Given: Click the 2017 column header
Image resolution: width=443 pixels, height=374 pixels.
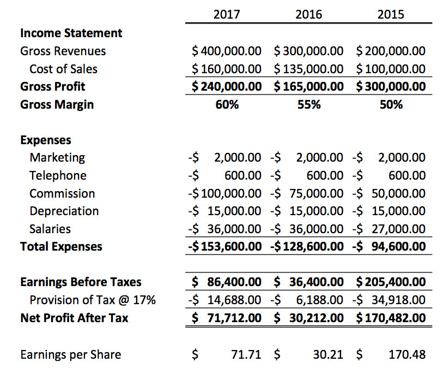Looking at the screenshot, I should (x=227, y=14).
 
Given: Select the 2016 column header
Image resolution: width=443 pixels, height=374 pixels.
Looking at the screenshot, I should (x=308, y=14).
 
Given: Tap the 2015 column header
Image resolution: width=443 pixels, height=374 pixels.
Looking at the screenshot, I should (x=391, y=14).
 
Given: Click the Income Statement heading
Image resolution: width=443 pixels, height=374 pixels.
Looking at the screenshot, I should (x=71, y=33).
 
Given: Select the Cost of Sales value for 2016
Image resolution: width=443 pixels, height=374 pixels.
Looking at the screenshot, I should (x=308, y=69).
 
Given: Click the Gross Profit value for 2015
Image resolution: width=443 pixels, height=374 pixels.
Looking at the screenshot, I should (x=391, y=86).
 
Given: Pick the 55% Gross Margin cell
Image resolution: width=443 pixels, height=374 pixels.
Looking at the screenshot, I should (x=309, y=104).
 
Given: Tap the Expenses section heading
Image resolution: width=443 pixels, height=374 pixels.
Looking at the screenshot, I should (x=46, y=140).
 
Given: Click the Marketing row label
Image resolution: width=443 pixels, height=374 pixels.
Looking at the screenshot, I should (x=57, y=158).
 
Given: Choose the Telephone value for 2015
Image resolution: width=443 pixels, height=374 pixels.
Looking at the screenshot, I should (x=391, y=176).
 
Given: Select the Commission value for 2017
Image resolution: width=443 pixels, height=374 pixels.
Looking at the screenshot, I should (x=224, y=193).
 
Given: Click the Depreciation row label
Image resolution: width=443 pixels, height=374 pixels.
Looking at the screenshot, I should (x=64, y=211).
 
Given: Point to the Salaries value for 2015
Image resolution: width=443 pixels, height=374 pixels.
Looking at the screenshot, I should (x=391, y=229).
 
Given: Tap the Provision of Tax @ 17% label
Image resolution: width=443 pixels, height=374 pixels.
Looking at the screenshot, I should (x=93, y=300).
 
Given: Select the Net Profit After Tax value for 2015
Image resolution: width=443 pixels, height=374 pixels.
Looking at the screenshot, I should (x=391, y=317).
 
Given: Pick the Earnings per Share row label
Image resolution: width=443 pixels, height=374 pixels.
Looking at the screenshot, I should (x=70, y=355).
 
